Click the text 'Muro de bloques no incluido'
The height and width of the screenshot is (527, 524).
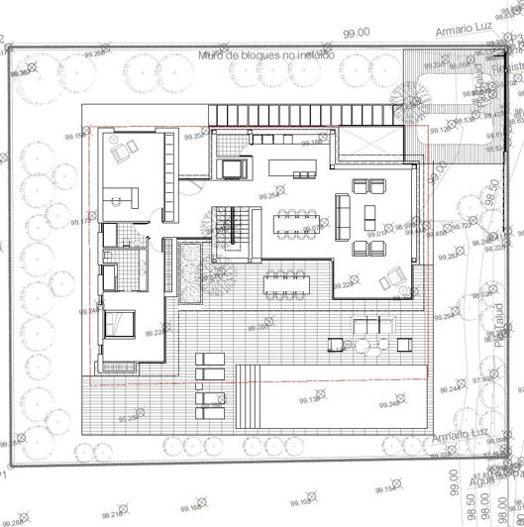tap(266, 56)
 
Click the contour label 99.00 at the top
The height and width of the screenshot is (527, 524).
tap(356, 33)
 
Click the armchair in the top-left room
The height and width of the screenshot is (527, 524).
tap(124, 153)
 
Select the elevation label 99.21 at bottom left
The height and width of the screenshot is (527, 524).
tap(112, 513)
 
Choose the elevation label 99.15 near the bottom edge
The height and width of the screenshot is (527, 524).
tap(387, 489)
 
